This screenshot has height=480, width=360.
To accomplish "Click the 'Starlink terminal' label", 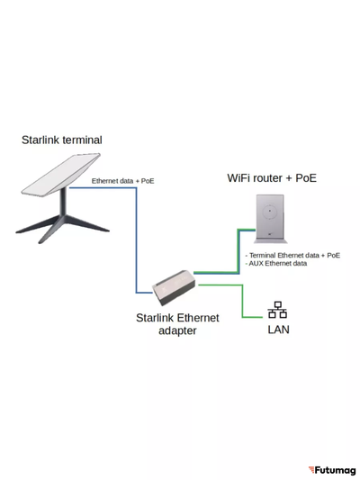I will pos(61,140).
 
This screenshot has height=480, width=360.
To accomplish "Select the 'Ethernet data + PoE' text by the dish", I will pos(122,181).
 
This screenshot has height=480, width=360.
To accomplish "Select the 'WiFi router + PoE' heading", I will pos(271,178).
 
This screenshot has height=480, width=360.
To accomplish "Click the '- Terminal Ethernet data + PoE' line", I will pos(292,255).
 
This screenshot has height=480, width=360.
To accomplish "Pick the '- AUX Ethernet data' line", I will pos(276,264).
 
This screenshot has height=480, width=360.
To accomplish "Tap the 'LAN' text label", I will pos(278,330).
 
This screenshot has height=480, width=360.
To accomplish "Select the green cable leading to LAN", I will pos(241,302).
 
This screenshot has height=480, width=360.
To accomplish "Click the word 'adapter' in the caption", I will pos(176,331).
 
